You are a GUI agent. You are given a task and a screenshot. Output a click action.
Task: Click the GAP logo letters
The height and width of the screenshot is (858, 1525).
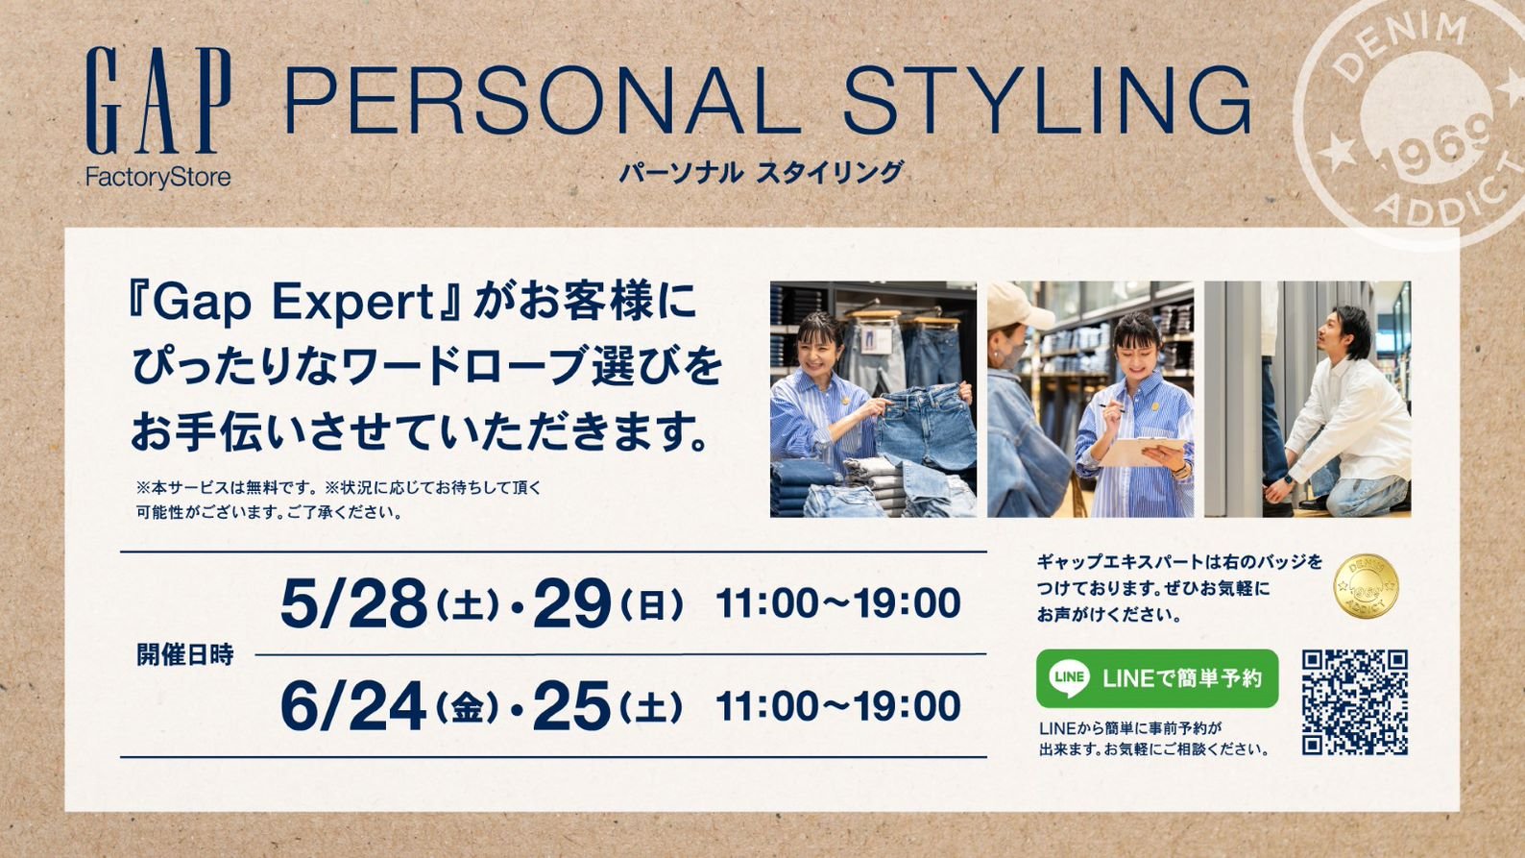click(x=158, y=101)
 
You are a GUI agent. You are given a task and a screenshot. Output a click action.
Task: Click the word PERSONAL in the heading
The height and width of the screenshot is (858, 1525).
click(x=543, y=102)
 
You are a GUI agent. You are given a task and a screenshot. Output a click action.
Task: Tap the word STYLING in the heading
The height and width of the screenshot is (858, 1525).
click(x=1047, y=102)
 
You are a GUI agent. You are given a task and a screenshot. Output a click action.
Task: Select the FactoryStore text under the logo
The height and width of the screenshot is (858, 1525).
click(x=157, y=179)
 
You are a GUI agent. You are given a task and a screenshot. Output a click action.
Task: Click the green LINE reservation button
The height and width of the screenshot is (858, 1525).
click(x=1156, y=678)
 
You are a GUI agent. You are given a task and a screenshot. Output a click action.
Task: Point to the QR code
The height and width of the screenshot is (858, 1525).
click(x=1355, y=702)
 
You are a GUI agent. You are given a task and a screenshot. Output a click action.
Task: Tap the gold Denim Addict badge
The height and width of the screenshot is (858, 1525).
click(x=1366, y=586)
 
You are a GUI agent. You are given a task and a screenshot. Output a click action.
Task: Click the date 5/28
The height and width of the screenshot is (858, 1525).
click(x=354, y=603)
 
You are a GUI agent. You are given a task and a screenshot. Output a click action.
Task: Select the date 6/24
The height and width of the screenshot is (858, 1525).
click(x=354, y=706)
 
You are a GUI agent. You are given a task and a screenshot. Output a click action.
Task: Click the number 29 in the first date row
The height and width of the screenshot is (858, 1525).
click(x=572, y=603)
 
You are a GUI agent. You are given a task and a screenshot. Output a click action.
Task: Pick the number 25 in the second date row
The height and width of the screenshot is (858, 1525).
click(x=572, y=706)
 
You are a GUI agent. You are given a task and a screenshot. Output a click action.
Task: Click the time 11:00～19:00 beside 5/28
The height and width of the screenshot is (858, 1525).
click(x=838, y=603)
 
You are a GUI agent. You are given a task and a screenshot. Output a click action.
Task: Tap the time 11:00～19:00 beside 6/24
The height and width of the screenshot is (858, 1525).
click(x=838, y=706)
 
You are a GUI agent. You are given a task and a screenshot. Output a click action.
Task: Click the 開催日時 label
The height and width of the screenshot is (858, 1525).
click(x=185, y=654)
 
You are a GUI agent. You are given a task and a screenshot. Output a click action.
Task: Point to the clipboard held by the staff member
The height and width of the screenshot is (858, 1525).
click(x=1143, y=451)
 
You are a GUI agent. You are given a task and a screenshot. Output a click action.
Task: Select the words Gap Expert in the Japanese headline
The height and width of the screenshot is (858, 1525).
click(x=294, y=303)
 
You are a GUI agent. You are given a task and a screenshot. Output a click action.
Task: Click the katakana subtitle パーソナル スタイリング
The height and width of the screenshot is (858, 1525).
click(x=762, y=173)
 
